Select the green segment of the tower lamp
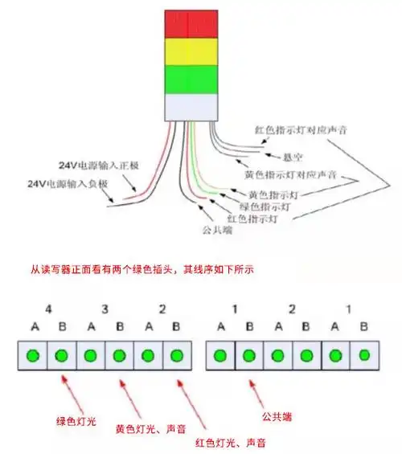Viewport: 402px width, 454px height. point(191,80)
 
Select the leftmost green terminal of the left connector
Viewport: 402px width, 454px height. point(33,354)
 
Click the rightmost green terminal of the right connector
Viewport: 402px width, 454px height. point(364,354)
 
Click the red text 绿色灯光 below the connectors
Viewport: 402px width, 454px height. point(76,420)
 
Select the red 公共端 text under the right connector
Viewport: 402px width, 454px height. point(277,417)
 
